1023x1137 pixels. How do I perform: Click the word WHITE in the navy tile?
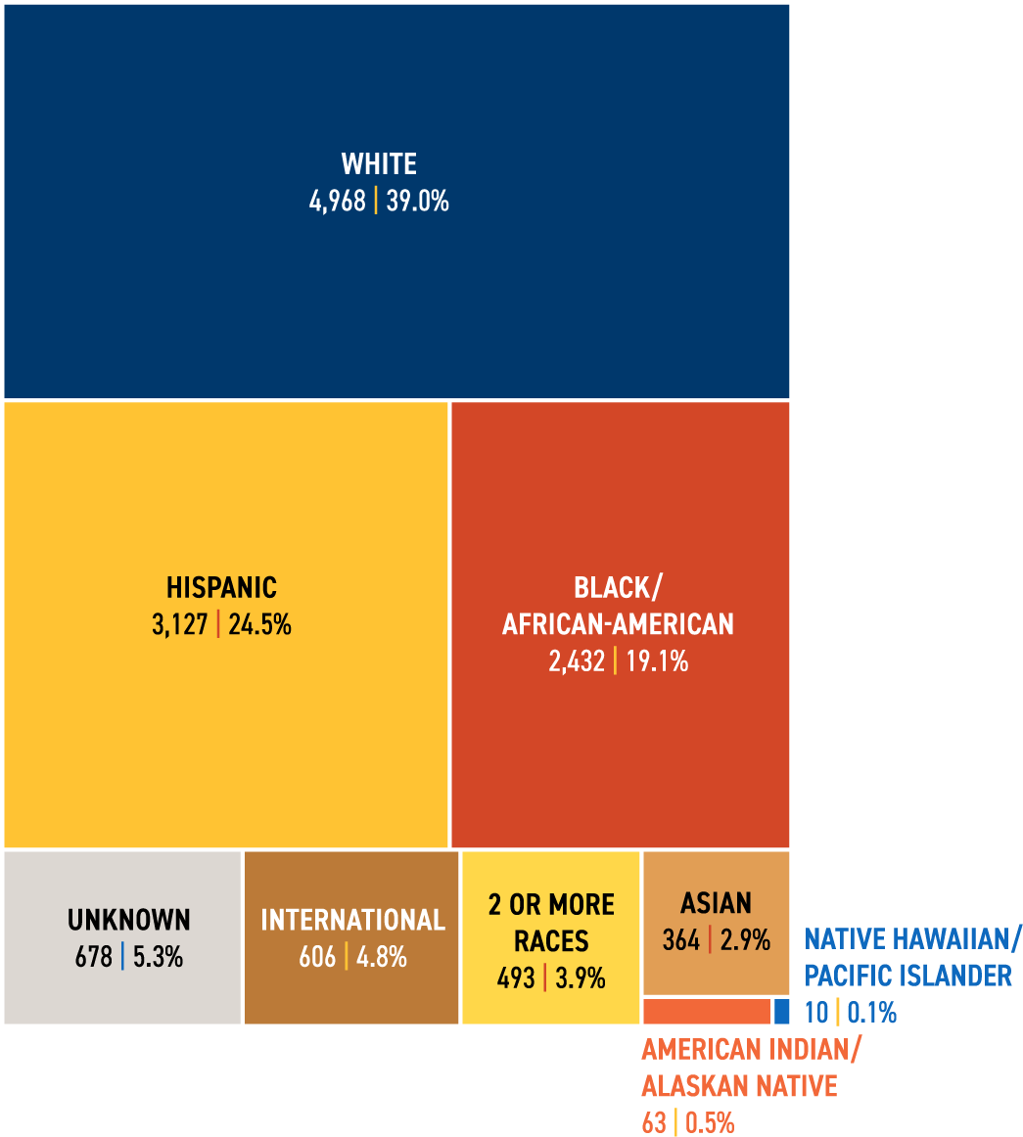[x=379, y=163]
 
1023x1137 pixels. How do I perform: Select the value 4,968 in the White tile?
[x=337, y=202]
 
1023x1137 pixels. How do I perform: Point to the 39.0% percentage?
[x=417, y=202]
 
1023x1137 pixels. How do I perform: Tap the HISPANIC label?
[x=221, y=587]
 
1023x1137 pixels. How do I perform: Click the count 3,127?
[x=179, y=625]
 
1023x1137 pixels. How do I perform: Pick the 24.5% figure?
[x=259, y=625]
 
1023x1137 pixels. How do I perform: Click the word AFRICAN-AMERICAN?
[x=618, y=624]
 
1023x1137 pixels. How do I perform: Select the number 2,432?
[x=577, y=662]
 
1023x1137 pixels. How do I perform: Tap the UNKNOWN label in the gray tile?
[x=129, y=920]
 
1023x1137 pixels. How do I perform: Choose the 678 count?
[x=94, y=957]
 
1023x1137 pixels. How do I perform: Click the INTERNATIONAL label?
[x=352, y=920]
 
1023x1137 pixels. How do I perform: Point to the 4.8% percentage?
[x=381, y=957]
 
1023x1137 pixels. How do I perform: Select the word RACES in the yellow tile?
[x=551, y=941]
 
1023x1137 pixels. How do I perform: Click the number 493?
[x=516, y=978]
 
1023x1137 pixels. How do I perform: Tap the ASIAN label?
[x=717, y=902]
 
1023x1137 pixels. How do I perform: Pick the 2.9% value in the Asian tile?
[x=745, y=940]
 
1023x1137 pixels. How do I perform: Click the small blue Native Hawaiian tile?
[x=781, y=1011]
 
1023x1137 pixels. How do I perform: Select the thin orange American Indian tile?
[x=707, y=1011]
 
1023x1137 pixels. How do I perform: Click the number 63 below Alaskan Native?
[x=653, y=1122]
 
